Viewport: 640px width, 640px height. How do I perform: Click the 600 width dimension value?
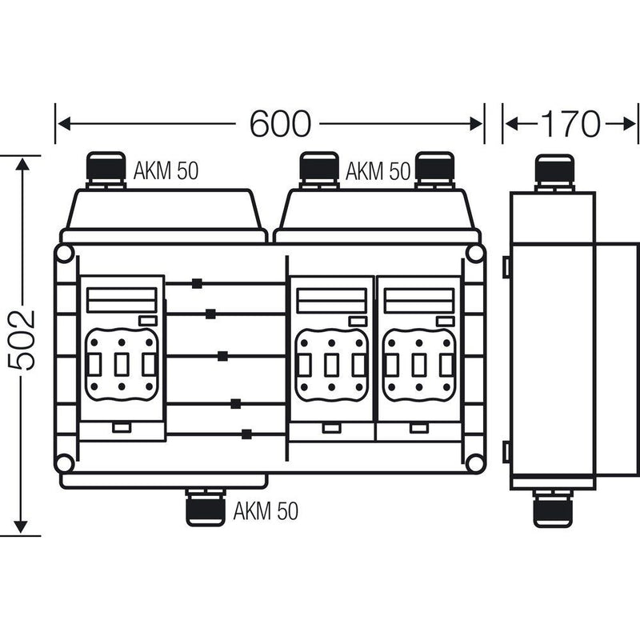coord(280,123)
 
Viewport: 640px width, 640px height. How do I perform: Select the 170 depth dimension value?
coord(570,123)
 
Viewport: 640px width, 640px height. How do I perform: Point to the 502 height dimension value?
coord(22,341)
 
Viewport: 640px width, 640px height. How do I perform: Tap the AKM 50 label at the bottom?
coord(266,510)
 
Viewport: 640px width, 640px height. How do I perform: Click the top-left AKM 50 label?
coord(166,170)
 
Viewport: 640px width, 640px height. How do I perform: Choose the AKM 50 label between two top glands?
coord(378,170)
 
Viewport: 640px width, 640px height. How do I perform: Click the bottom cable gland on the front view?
coord(206,507)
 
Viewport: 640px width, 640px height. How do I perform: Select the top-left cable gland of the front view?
coord(106,170)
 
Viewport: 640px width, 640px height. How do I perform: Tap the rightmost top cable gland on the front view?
coord(434,170)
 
